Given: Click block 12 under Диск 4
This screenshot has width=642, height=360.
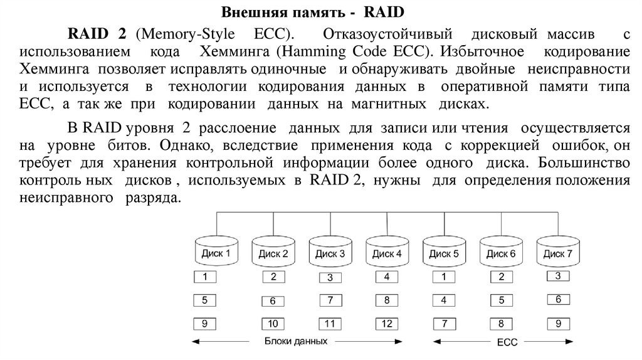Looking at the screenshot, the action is click(x=387, y=324).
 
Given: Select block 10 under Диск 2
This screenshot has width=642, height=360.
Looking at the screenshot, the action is click(x=273, y=324).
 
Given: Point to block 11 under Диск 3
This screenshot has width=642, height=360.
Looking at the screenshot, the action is click(x=330, y=324).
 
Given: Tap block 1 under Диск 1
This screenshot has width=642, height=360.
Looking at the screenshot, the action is click(x=205, y=277).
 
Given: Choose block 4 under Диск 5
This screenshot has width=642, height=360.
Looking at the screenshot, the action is click(x=443, y=300).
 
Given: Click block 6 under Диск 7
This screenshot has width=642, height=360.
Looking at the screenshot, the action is click(x=558, y=299).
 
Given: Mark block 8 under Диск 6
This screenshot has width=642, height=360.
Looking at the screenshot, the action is click(x=501, y=324).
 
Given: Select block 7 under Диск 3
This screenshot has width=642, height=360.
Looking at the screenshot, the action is click(x=330, y=300).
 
